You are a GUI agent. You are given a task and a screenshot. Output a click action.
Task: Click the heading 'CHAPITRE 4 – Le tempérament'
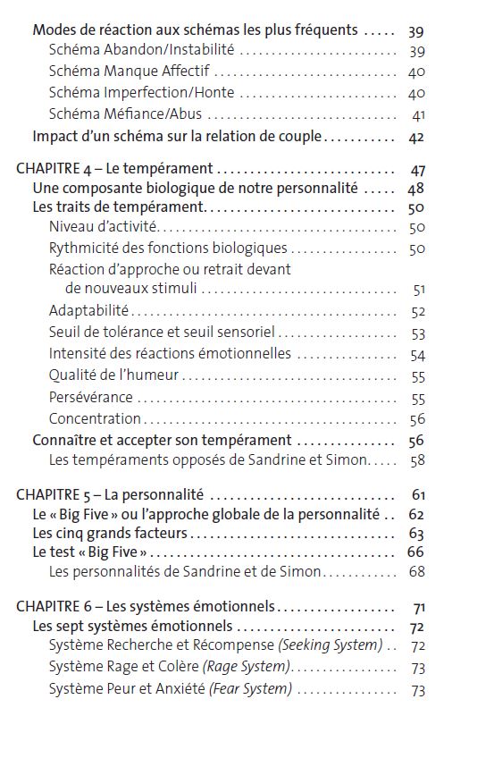114,168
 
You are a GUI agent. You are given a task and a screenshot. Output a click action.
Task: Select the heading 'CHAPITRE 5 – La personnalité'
110,494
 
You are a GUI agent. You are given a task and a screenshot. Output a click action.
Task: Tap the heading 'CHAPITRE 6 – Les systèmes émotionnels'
146,606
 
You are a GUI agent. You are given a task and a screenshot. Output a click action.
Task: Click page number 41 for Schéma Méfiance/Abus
418,115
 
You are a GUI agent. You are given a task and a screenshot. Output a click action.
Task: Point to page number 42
416,137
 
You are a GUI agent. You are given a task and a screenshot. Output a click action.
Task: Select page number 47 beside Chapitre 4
417,169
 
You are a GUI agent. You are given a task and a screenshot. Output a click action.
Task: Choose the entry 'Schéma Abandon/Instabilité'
141,51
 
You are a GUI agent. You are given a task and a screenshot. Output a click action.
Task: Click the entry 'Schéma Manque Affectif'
130,72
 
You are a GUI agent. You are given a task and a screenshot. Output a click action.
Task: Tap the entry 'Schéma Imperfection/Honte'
141,93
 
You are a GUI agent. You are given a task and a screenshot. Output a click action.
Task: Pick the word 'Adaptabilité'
89,311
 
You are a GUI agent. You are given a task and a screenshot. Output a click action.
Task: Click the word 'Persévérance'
91,397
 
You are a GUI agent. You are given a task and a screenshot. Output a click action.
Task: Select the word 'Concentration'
95,418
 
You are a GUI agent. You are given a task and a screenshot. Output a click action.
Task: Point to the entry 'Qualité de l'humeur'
113,375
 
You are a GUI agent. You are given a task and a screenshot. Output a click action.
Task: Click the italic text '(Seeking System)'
331,645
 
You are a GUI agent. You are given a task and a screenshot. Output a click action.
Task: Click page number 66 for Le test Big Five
415,552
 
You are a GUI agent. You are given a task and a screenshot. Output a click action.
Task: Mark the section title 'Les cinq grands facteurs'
110,534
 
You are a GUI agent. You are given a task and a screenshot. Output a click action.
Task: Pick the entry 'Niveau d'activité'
103,227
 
